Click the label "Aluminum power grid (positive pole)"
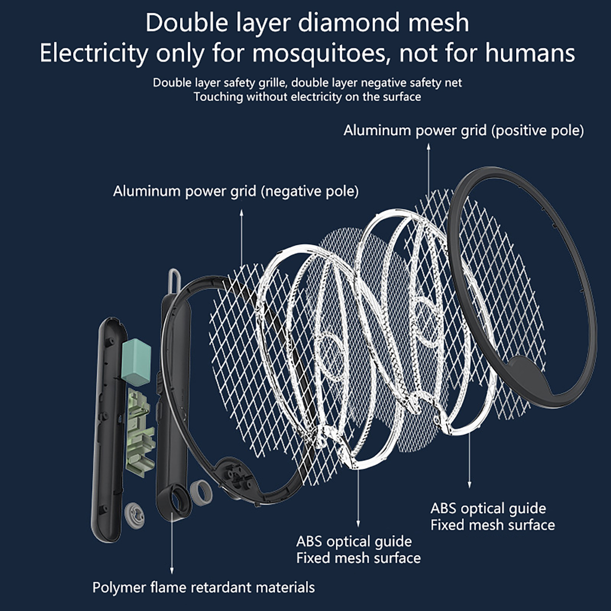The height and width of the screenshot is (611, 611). pyautogui.click(x=464, y=131)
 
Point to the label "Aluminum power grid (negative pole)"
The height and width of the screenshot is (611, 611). pyautogui.click(x=236, y=191)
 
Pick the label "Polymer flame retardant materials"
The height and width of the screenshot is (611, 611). pyautogui.click(x=204, y=587)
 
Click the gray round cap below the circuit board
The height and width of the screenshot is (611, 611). pyautogui.click(x=135, y=516)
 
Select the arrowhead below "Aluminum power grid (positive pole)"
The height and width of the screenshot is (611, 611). pyautogui.click(x=428, y=146)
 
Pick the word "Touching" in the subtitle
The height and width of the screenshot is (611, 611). pyautogui.click(x=218, y=97)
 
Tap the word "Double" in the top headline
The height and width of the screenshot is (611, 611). pyautogui.click(x=187, y=23)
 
